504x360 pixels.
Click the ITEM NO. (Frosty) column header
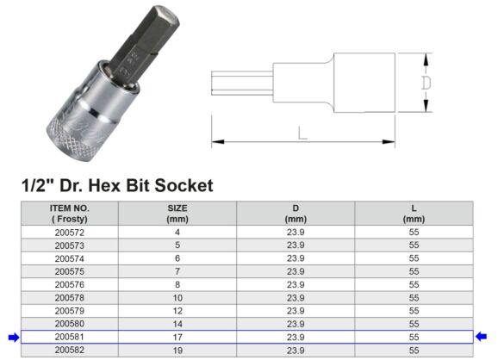[x=69, y=214]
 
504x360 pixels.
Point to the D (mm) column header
[x=296, y=214]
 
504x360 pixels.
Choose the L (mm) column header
[x=414, y=214]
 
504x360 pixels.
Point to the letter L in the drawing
[x=301, y=133]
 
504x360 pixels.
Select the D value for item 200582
[x=296, y=350]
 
